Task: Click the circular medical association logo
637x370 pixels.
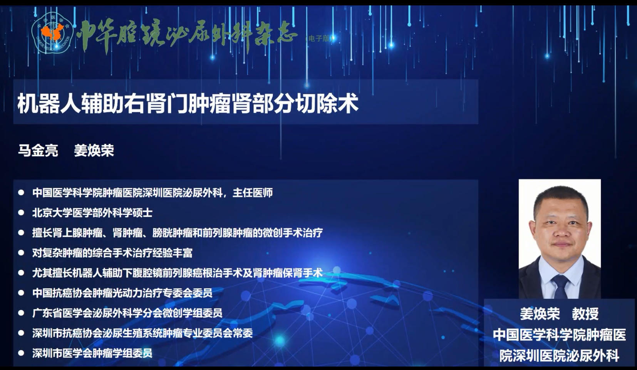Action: [52, 33]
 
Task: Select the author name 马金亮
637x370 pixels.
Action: [38, 150]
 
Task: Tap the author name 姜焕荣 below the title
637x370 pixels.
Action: [94, 150]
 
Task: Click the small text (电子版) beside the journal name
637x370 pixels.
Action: [319, 39]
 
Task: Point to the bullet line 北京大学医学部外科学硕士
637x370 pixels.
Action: [92, 213]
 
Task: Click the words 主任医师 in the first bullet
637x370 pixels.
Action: [253, 193]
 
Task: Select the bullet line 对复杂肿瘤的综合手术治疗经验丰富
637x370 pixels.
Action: [112, 253]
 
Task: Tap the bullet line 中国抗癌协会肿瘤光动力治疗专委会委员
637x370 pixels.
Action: [122, 293]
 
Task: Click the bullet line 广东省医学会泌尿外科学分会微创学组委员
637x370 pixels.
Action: [127, 313]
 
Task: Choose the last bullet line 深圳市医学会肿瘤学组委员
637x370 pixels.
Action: [92, 353]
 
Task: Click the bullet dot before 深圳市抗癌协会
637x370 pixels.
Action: [21, 333]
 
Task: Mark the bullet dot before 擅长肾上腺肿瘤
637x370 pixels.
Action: [21, 233]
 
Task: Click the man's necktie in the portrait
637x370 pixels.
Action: [560, 287]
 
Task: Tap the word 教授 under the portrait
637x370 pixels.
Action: [585, 314]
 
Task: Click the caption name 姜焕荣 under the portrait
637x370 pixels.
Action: [540, 314]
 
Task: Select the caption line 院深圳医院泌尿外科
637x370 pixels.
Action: [559, 355]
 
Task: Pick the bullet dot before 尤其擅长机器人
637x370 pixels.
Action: [21, 273]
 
